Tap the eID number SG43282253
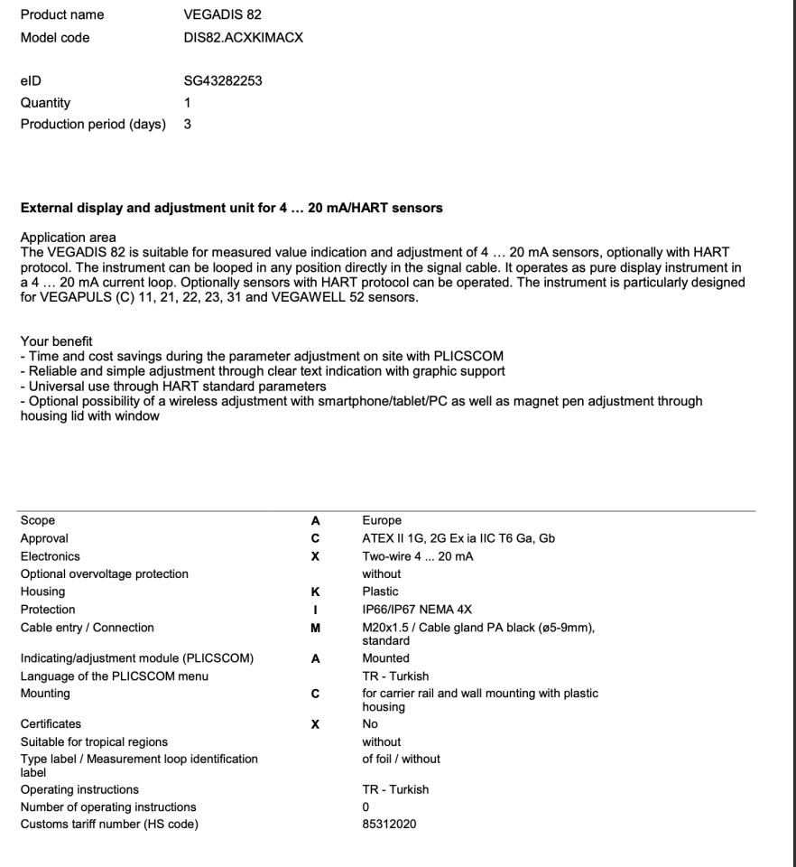(x=222, y=81)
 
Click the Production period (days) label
(x=94, y=125)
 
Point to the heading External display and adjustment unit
(x=231, y=208)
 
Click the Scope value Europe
(x=382, y=521)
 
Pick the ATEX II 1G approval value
(x=458, y=538)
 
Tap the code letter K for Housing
(x=316, y=592)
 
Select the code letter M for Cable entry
(x=316, y=628)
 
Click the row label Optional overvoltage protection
(x=105, y=573)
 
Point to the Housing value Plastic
(x=380, y=592)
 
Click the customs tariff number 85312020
(x=390, y=824)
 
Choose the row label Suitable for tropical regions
(x=94, y=741)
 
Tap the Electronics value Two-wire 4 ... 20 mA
(x=418, y=556)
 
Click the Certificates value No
(x=370, y=723)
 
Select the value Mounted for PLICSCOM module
(x=385, y=658)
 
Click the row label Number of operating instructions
(x=108, y=806)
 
